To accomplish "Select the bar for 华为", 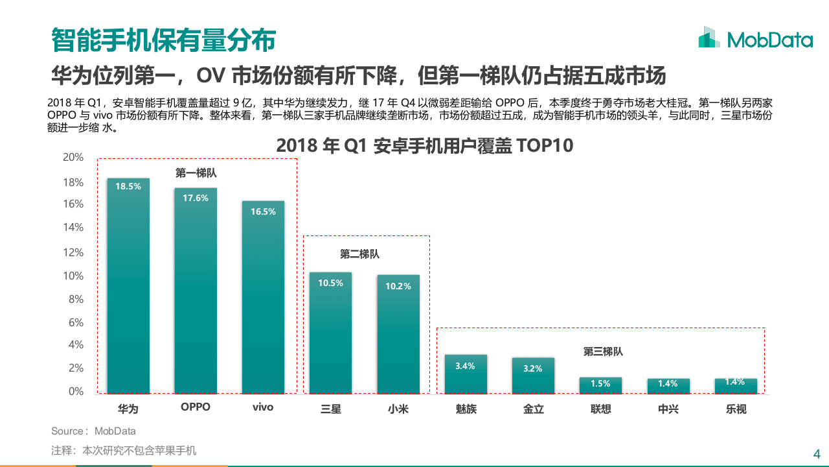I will [128, 292].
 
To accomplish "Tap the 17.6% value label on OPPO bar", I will [196, 198].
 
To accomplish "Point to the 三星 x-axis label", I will [330, 409].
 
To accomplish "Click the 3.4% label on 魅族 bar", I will [465, 366].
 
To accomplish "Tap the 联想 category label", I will [600, 409].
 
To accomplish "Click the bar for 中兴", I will [668, 387].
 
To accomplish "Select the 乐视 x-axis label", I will [736, 409].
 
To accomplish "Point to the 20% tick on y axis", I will [73, 158].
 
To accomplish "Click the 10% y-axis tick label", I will [73, 276].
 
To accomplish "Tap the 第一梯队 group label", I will [196, 173].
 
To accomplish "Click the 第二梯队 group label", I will [359, 254].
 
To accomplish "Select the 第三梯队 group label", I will [602, 352].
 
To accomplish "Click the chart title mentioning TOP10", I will [424, 145].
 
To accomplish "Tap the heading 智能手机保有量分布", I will [163, 40].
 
